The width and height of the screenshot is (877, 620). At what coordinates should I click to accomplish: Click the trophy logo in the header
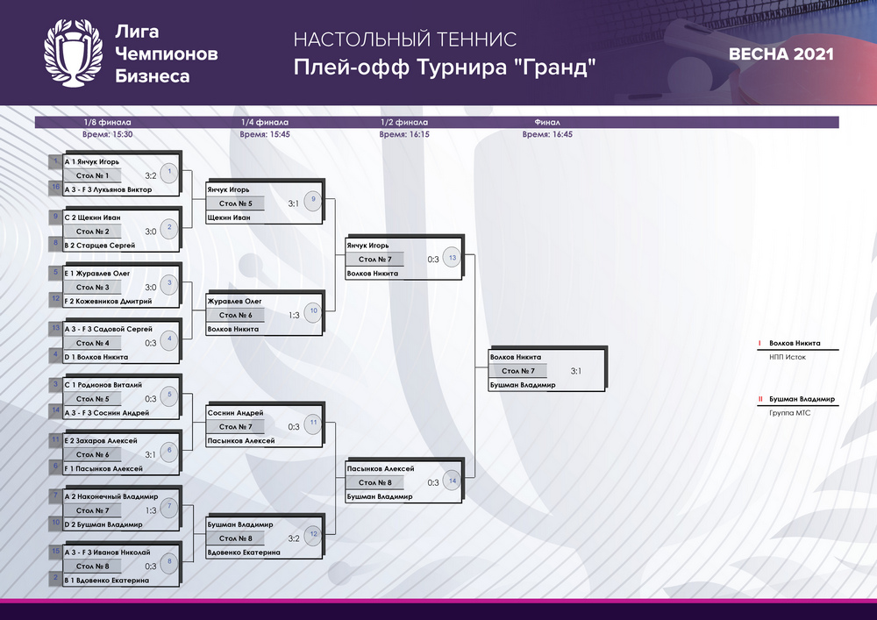tap(74, 53)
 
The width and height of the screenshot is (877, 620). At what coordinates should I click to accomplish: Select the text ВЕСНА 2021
tap(781, 54)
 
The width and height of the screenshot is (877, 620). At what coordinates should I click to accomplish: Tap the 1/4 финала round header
tap(265, 122)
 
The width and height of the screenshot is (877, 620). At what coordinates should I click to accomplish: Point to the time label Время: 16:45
tap(547, 134)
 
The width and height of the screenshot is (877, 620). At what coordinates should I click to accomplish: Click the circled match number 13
tap(452, 258)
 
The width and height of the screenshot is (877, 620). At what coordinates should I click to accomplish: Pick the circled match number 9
tap(313, 200)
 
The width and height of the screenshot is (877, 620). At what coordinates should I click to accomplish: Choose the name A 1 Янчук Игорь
tap(92, 161)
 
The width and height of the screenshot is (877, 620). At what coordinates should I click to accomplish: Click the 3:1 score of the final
tap(575, 371)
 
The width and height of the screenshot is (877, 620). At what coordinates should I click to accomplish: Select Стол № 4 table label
tap(93, 343)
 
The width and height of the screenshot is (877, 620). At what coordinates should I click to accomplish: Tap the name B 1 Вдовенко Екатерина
tap(107, 581)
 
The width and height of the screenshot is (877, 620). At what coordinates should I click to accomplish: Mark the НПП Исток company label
tap(788, 357)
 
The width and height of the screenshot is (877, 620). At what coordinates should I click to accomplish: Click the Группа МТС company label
tap(790, 412)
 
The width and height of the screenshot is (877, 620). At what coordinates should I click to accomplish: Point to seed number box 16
tap(55, 188)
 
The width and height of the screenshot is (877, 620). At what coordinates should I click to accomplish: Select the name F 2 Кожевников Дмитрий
tap(108, 301)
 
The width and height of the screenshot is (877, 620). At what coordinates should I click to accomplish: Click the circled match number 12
tap(313, 534)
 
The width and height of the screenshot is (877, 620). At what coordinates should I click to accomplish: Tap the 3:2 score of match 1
tap(151, 175)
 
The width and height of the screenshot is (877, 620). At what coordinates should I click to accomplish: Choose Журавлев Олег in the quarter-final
tap(234, 301)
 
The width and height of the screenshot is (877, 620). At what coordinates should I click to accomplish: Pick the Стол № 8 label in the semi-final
tap(374, 482)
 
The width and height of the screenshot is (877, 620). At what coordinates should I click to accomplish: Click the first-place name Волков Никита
tap(795, 343)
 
